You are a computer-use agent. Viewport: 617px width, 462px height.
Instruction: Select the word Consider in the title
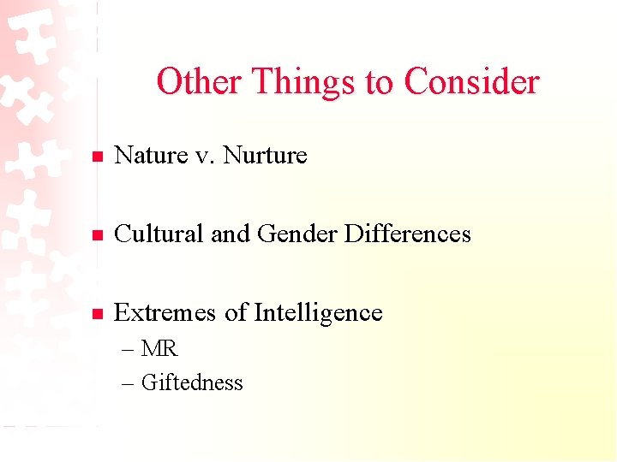coord(471,82)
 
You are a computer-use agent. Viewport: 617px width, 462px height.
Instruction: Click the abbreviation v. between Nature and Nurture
coord(206,156)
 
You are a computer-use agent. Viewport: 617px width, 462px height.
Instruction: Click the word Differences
coord(408,234)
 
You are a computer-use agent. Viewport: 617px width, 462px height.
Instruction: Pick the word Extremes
coord(166,312)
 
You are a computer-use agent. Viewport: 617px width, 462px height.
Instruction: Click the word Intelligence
coord(317,313)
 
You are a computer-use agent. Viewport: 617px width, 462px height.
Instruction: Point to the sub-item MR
coord(159,349)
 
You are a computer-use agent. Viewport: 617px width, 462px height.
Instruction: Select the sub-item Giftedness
coord(192,382)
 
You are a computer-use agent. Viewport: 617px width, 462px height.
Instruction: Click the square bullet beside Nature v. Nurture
coord(98,157)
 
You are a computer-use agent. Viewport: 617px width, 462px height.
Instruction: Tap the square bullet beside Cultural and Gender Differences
coord(98,235)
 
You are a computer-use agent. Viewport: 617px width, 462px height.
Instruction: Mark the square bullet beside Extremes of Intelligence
coord(98,314)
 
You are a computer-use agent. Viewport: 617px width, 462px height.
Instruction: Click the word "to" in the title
coord(378,83)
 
